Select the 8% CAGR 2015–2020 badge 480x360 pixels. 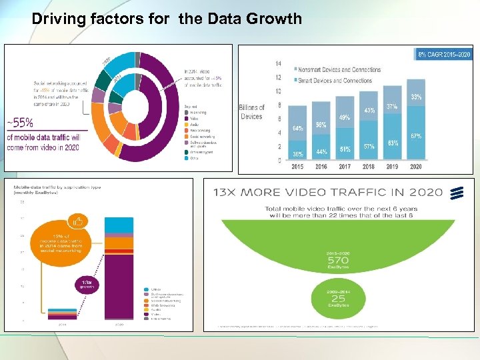[443, 53]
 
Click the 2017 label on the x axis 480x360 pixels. [345, 167]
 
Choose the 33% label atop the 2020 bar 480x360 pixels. [416, 97]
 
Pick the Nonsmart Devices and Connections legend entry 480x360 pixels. [339, 69]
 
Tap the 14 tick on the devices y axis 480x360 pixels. [278, 63]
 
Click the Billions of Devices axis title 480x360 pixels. [252, 112]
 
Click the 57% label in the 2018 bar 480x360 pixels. [369, 146]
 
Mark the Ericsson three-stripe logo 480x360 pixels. [457, 193]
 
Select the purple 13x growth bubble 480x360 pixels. [87, 285]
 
